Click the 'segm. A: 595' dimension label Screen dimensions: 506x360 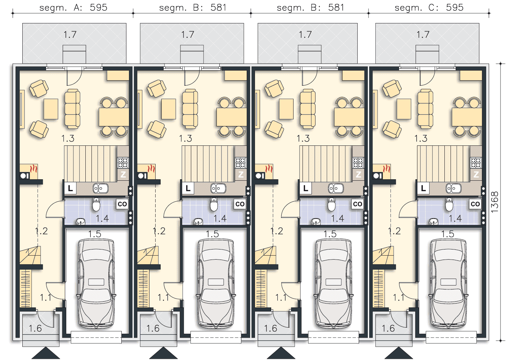pyautogui.click(x=73, y=8)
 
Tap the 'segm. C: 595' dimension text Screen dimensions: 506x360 pyautogui.click(x=429, y=8)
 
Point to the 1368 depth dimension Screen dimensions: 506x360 pyautogui.click(x=495, y=202)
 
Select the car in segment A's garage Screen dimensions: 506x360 pyautogui.click(x=96, y=284)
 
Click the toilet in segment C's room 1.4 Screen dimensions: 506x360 pyautogui.click(x=449, y=204)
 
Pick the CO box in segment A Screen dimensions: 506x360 pyautogui.click(x=122, y=204)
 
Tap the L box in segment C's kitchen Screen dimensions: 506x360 pyautogui.click(x=423, y=188)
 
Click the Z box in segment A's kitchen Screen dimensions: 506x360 pyautogui.click(x=123, y=174)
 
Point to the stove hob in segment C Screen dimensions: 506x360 pyautogui.click(x=476, y=163)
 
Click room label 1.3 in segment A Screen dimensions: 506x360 pyautogui.click(x=68, y=139)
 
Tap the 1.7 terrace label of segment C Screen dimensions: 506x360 pyautogui.click(x=423, y=35)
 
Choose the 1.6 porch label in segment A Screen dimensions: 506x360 pyautogui.click(x=35, y=328)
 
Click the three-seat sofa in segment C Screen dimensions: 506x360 pyautogui.click(x=425, y=109)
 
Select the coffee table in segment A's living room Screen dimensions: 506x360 pyautogui.click(x=51, y=109)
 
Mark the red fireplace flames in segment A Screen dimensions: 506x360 pyautogui.click(x=33, y=169)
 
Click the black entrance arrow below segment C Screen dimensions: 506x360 pyautogui.click(x=399, y=353)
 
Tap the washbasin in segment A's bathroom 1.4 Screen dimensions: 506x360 pyautogui.click(x=80, y=222)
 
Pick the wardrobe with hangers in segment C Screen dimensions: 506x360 pyautogui.click(x=379, y=288)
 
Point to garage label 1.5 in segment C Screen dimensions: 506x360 pyautogui.click(x=448, y=234)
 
